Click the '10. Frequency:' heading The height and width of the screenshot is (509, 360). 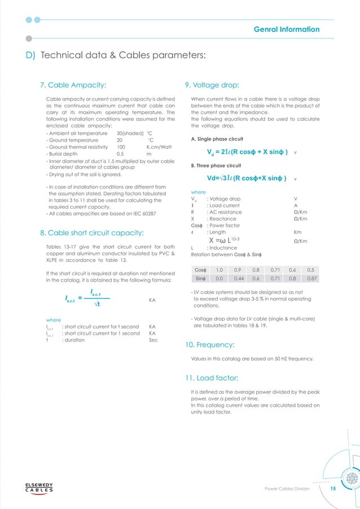coord(211,344)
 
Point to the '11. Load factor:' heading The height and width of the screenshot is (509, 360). coord(213,377)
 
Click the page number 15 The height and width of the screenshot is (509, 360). coord(333,489)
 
